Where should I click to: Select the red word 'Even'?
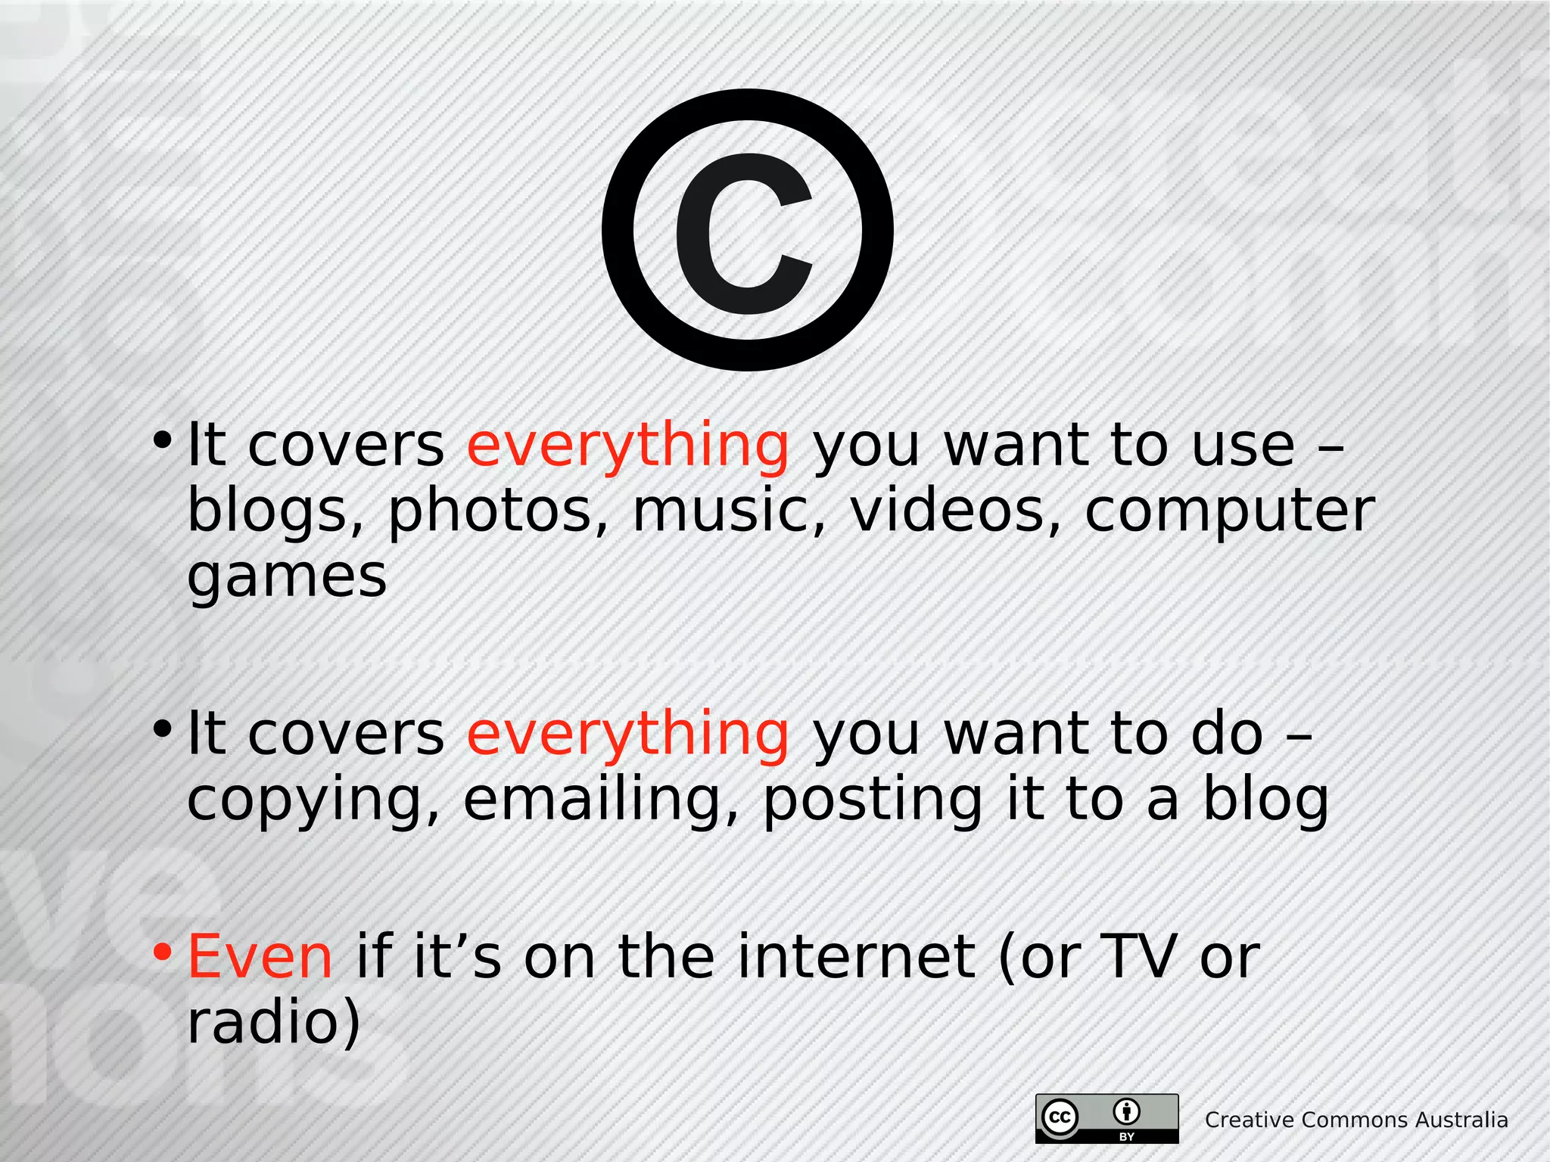[x=260, y=956]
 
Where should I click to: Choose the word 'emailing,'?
[x=601, y=799]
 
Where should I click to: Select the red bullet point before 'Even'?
[x=162, y=952]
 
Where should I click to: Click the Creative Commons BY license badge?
[x=1106, y=1118]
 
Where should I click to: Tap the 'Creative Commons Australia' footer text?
[x=1356, y=1120]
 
